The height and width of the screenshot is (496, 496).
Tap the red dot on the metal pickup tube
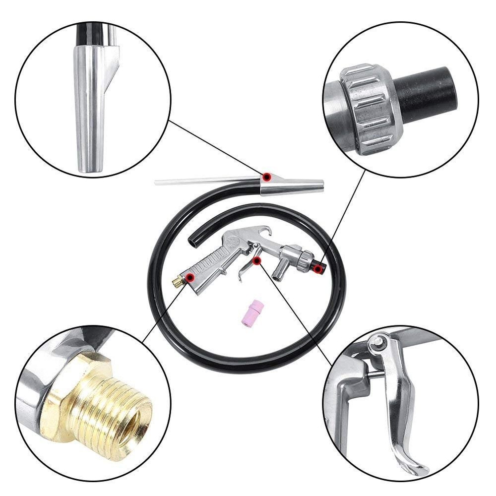coord(267,176)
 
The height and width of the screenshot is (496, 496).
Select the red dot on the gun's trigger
coord(256,260)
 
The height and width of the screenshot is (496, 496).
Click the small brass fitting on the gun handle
coord(177,282)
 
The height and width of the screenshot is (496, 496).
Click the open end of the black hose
coord(192,242)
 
